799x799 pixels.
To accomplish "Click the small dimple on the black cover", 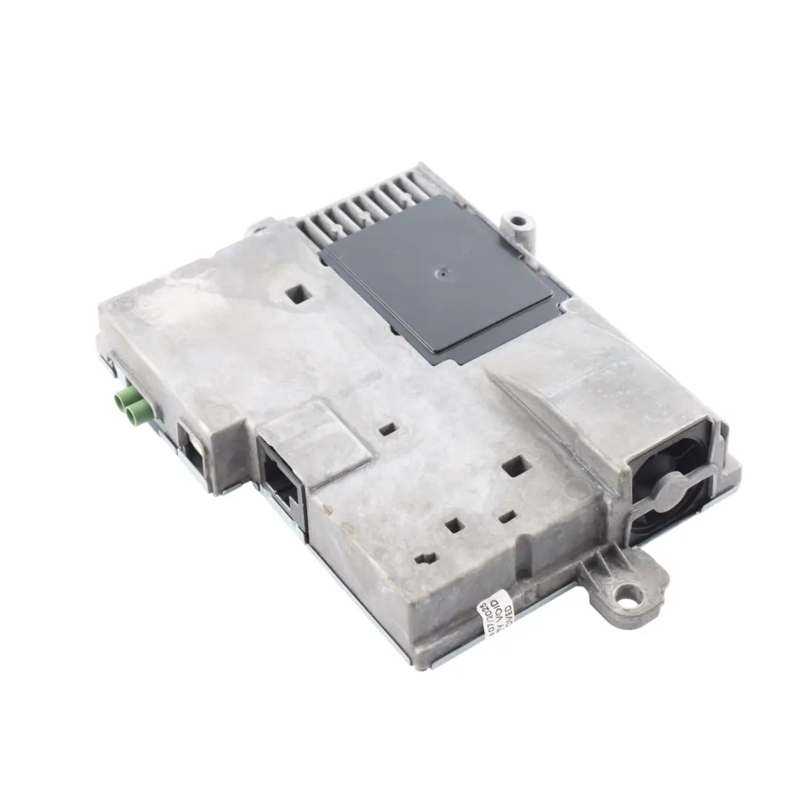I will click(441, 272).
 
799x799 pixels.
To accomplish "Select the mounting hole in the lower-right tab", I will click(626, 593).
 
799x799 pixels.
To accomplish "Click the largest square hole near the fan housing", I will click(516, 465).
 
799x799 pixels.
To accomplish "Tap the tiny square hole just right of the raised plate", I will click(385, 428).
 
